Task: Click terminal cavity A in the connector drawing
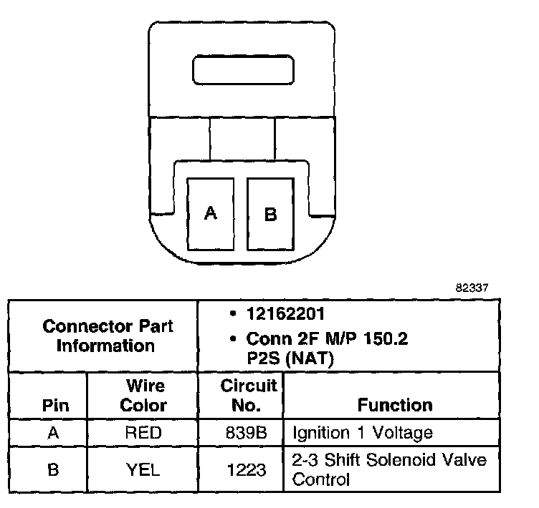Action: coord(210,213)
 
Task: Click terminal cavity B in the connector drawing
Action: coord(270,213)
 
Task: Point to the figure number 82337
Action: coord(472,289)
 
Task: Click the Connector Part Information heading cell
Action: coord(107,336)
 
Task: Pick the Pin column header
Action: coord(55,405)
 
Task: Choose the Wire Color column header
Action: coord(143,396)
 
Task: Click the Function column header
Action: coord(395,405)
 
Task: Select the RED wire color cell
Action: coord(143,433)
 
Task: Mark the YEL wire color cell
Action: coord(143,469)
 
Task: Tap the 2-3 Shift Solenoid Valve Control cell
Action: coord(389,469)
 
